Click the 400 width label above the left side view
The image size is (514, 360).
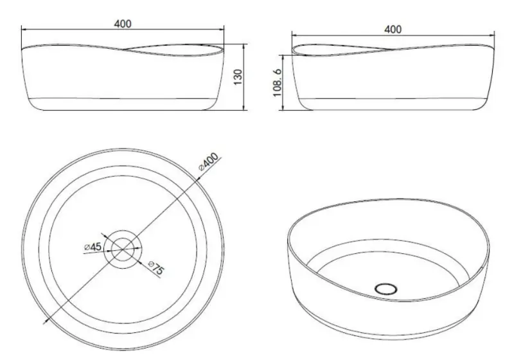tap(123, 24)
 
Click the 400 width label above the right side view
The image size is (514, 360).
tap(393, 29)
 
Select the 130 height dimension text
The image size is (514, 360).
tap(237, 77)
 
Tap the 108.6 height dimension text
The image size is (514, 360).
tap(278, 83)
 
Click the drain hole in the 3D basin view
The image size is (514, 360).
tap(386, 289)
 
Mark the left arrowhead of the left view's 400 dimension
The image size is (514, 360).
tap(24, 29)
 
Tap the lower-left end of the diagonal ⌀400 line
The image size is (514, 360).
tap(44, 321)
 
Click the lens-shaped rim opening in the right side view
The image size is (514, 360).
tap(341, 49)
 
